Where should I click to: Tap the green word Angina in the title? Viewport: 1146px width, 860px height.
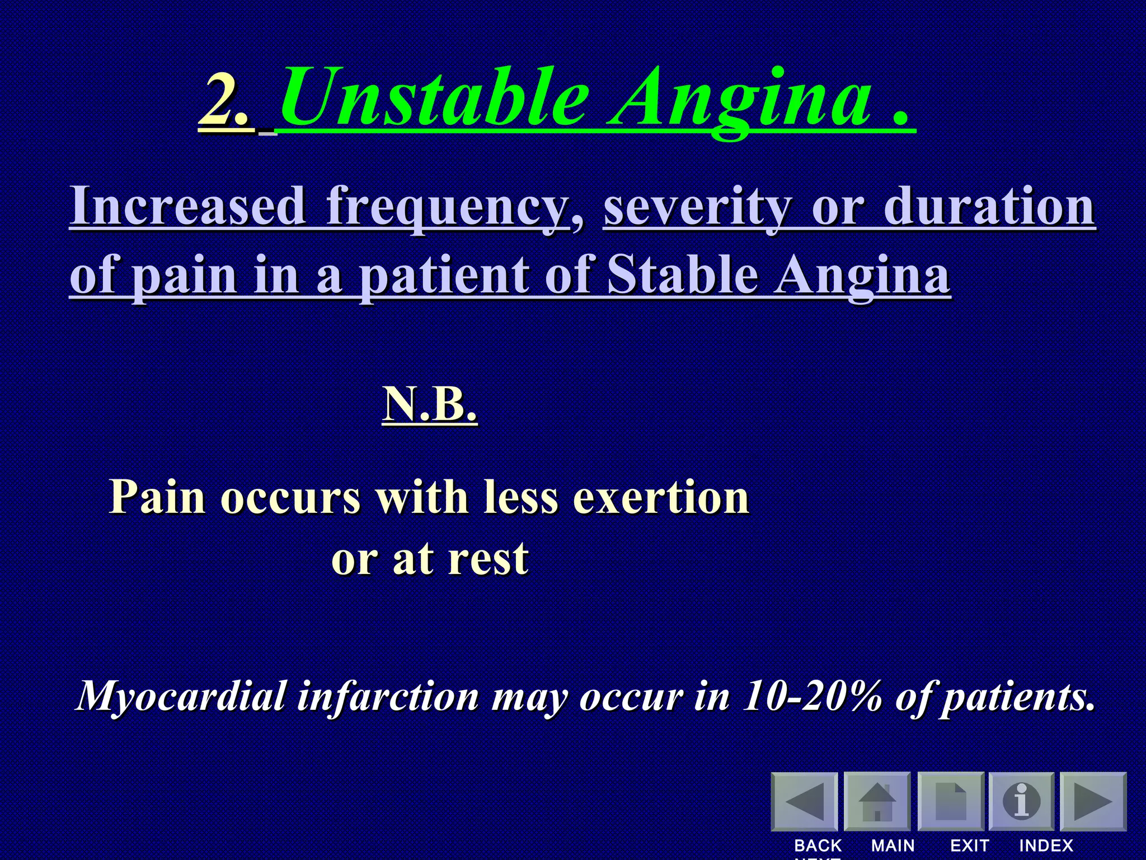coord(741,101)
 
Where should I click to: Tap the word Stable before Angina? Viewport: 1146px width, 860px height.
coord(683,275)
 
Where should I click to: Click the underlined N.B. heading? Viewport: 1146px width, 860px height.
coord(430,404)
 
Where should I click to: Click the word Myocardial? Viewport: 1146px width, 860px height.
coord(182,697)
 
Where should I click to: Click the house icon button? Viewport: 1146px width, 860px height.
coord(877,801)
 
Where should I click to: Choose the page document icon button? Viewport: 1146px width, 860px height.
coord(951,801)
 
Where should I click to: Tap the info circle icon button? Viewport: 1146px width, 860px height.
coord(1021,801)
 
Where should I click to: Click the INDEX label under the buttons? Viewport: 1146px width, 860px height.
coord(1046,845)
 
